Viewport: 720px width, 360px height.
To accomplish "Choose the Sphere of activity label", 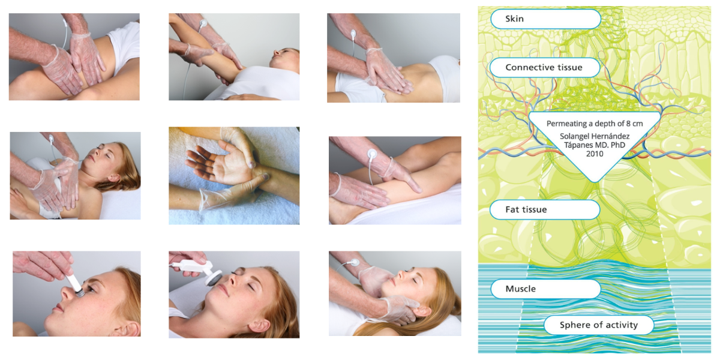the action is coord(599,325).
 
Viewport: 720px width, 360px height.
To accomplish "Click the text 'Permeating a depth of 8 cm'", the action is coord(595,124).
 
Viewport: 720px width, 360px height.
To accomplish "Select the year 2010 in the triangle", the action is coord(595,154).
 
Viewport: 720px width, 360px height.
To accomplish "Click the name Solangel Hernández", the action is coord(595,136).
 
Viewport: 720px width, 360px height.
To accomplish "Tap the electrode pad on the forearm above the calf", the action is coord(372,154).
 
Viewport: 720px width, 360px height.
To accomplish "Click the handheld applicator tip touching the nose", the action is coord(79,292).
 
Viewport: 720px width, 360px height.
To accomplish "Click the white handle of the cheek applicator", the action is coord(191,266).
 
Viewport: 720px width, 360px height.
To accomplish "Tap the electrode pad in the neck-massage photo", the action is coord(355,263).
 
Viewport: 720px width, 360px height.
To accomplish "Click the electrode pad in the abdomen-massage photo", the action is coord(353,34).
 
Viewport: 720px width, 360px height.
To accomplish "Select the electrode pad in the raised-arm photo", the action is coord(203,23).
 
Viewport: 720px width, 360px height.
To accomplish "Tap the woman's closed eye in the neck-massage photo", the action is coord(415,280).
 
